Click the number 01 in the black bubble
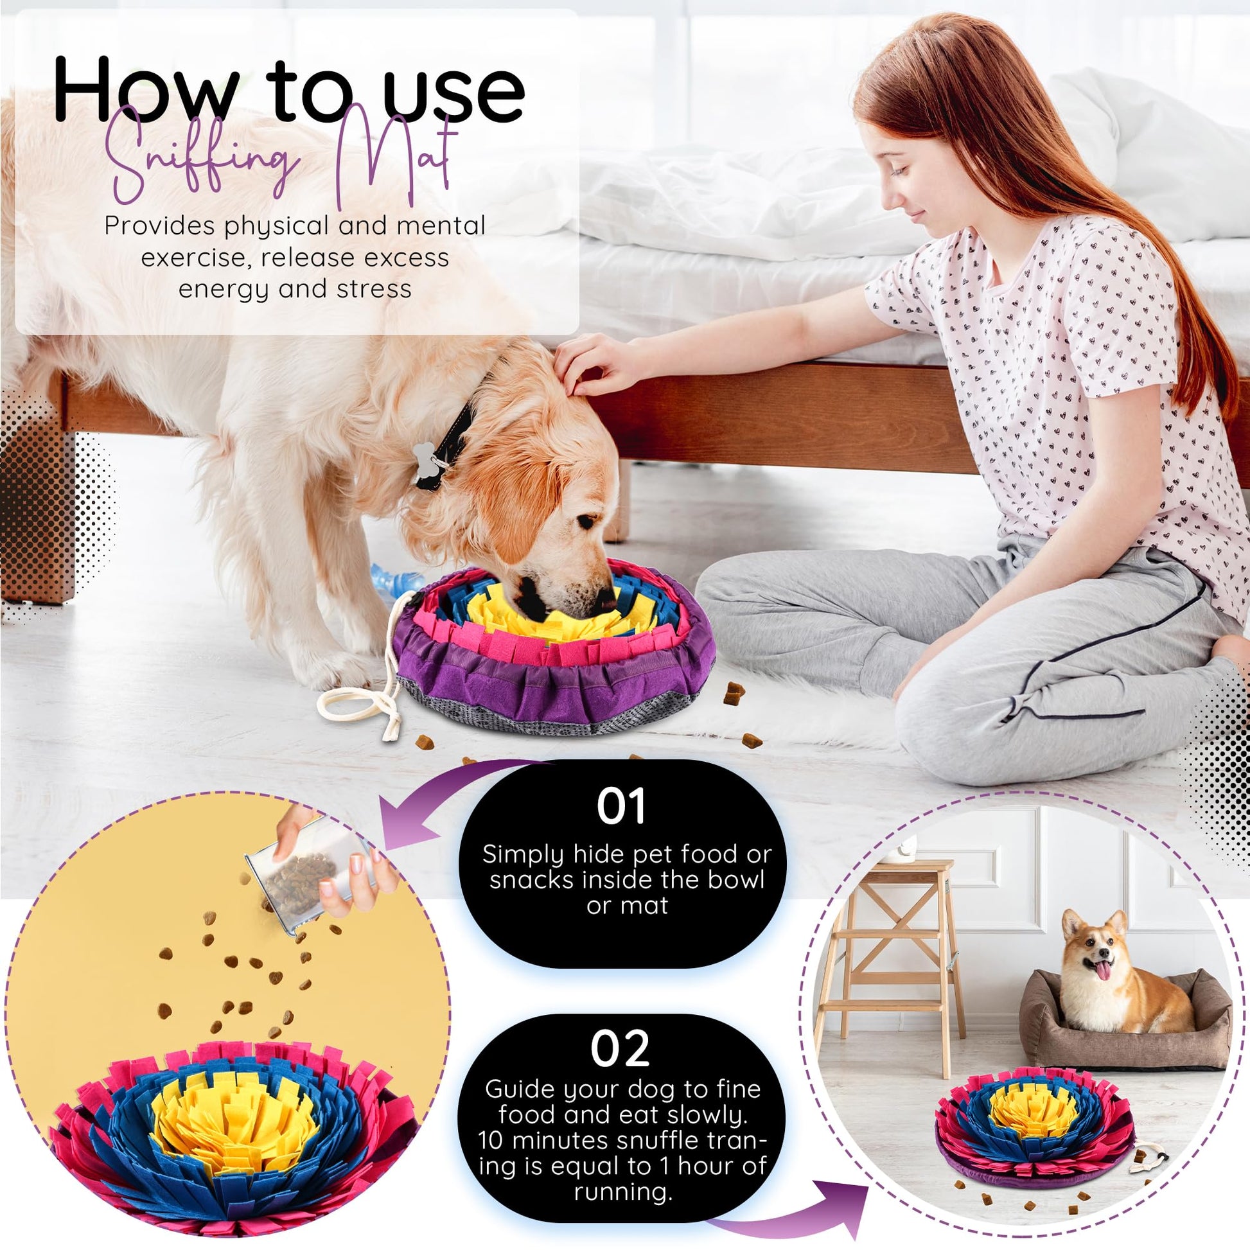[x=621, y=806]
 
